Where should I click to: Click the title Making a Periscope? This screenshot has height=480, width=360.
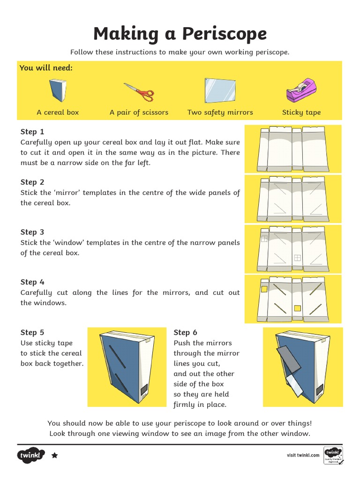[x=180, y=34]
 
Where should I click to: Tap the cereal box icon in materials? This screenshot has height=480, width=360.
[x=58, y=90]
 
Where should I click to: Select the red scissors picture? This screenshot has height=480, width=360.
[x=139, y=92]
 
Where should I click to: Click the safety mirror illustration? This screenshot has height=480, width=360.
[x=220, y=90]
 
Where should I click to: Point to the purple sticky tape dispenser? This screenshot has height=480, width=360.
[x=301, y=90]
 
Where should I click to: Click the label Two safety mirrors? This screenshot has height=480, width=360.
[x=220, y=112]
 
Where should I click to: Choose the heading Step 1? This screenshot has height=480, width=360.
[x=32, y=132]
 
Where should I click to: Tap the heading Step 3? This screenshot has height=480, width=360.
[x=32, y=232]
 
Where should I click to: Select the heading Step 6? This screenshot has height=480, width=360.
[x=182, y=332]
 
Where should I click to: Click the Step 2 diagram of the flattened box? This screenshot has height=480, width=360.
[x=293, y=198]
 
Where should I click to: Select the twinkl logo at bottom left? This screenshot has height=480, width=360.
[x=31, y=455]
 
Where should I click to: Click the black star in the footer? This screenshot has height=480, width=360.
[x=54, y=455]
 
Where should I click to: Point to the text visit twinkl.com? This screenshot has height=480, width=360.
[x=303, y=455]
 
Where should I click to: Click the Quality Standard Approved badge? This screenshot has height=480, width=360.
[x=333, y=455]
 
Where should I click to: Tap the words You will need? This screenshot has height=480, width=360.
[x=46, y=68]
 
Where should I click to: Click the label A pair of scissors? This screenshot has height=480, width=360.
[x=139, y=112]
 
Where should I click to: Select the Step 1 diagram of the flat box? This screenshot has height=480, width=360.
[x=293, y=149]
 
